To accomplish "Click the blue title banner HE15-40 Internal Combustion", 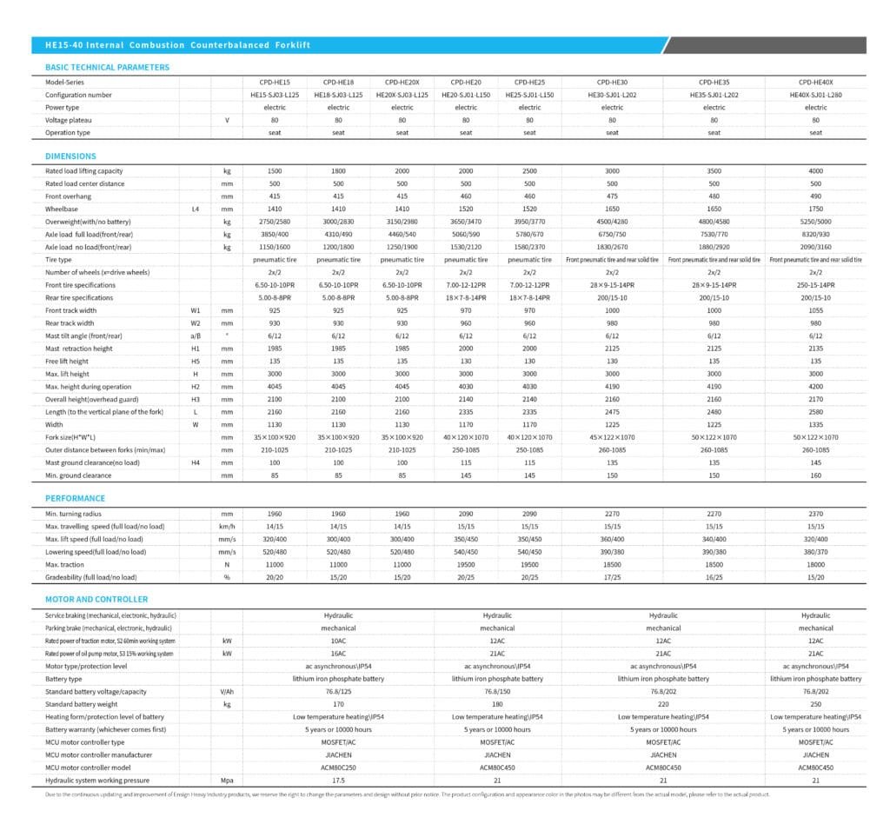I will [x=177, y=44].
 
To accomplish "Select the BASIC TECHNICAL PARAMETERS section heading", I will [x=107, y=67].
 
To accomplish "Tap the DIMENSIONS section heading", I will [x=70, y=156].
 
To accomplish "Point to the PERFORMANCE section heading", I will [x=75, y=498].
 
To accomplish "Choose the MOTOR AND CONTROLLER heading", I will [x=96, y=599].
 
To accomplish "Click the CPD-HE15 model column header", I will [x=275, y=82].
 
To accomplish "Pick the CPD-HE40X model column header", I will [x=815, y=82].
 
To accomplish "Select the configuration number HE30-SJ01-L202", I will [x=612, y=95].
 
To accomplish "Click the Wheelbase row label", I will [x=62, y=209].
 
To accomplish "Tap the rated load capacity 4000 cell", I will [x=815, y=171].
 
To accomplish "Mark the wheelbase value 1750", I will [x=815, y=209].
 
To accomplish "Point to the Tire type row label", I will [x=58, y=260].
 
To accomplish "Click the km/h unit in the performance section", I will [x=227, y=527].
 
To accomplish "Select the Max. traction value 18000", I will [x=815, y=564].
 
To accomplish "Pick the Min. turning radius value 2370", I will [x=815, y=514].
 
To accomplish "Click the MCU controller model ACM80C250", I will [x=338, y=768].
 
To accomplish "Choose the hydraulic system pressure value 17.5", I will [x=338, y=781].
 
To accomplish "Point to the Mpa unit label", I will [x=227, y=781].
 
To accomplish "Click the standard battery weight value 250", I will [x=815, y=704].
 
